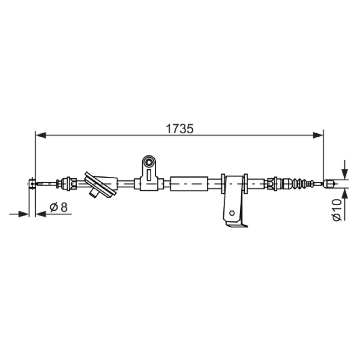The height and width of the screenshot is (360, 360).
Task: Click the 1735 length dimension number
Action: (180, 129)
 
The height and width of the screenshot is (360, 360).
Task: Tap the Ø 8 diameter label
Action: (59, 207)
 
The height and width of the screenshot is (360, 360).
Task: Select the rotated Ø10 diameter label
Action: (337, 210)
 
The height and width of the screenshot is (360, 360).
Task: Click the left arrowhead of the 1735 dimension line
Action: (41, 135)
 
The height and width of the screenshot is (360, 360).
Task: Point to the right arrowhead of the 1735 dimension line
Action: (318, 135)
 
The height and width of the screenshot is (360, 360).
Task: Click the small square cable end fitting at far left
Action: (32, 184)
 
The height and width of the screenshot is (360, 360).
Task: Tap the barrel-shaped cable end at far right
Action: (328, 184)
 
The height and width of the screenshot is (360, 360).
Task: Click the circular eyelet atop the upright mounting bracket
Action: (149, 162)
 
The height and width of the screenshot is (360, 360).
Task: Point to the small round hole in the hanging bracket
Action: (232, 213)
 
